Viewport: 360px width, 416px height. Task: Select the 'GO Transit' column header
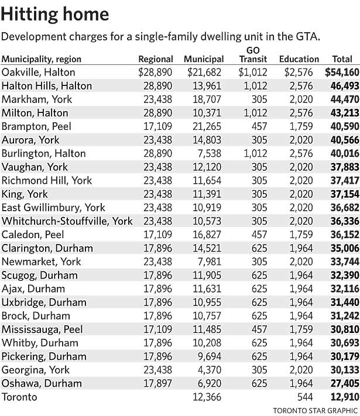coord(252,54)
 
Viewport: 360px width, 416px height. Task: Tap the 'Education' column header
coord(299,59)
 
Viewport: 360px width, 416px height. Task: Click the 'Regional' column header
coord(156,59)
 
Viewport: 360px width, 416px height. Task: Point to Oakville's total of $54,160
coord(338,73)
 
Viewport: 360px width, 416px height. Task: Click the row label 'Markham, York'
coord(37,99)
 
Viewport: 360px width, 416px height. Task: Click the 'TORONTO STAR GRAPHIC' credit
coord(314,408)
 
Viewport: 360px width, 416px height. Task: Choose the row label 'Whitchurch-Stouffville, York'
coord(67,221)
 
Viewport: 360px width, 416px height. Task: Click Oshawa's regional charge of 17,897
coord(157,383)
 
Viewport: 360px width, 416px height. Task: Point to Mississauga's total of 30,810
coord(340,329)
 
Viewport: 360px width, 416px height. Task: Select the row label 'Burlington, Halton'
coord(44,153)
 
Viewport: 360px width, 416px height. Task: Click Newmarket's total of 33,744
coord(340,262)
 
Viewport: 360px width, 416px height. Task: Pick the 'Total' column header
coord(342,59)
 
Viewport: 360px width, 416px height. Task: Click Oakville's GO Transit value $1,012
coord(252,73)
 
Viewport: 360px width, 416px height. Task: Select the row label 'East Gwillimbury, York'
coord(53,208)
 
